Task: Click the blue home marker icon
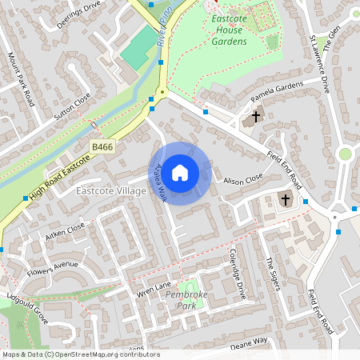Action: click(180, 173)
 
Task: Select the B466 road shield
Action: click(102, 147)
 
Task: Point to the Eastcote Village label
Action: click(110, 191)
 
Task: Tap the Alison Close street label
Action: click(242, 180)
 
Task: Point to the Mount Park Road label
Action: click(22, 79)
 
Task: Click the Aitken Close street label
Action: click(65, 230)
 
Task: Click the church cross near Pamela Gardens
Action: click(255, 117)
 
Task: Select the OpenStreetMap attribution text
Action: click(80, 354)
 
